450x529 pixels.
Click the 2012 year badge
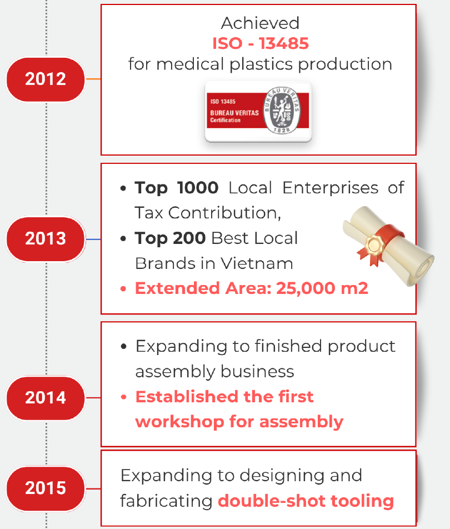point(46,79)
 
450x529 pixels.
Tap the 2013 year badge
point(46,239)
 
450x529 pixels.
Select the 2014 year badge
point(46,398)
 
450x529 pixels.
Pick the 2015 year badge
point(46,488)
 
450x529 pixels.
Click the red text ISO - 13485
point(261,43)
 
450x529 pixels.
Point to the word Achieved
point(260,23)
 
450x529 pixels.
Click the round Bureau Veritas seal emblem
point(282,110)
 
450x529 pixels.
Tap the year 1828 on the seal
point(282,130)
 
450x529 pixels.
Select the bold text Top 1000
point(177,188)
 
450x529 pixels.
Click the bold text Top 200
point(170,238)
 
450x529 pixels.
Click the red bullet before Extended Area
point(123,289)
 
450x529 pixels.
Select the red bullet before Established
point(123,397)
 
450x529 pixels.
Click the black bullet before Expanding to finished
point(123,347)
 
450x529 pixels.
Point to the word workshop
point(180,422)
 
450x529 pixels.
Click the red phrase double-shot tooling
point(306,501)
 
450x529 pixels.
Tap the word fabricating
point(166,501)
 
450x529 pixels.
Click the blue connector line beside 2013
point(93,239)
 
